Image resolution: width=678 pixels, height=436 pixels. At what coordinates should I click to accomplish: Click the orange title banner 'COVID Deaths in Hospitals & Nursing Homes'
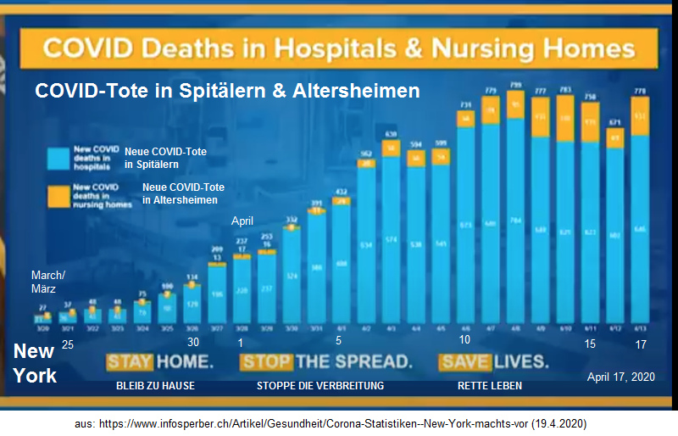(x=338, y=48)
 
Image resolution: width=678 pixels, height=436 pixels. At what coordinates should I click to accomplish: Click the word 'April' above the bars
(x=242, y=221)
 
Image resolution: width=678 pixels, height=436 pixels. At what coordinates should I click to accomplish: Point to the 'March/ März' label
(x=47, y=282)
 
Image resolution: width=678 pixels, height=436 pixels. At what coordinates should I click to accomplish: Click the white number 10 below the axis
(x=464, y=341)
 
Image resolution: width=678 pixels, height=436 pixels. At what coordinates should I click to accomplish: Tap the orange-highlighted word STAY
(x=130, y=362)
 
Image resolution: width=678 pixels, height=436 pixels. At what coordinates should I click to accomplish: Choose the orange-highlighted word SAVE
(x=464, y=362)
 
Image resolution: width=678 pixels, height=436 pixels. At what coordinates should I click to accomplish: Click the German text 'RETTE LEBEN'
(x=489, y=386)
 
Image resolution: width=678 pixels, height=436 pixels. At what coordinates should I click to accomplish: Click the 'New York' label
(x=35, y=363)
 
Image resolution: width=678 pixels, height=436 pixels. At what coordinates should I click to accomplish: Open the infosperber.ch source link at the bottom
(x=338, y=422)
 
